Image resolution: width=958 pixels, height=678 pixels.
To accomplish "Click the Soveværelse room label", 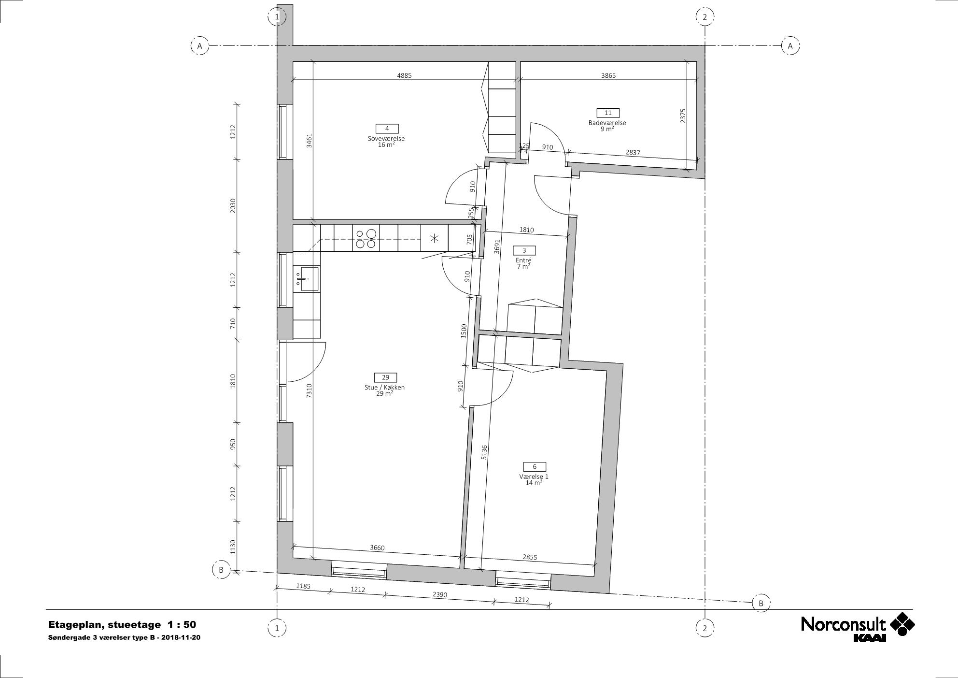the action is [386, 139].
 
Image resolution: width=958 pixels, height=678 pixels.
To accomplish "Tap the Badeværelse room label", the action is [607, 123].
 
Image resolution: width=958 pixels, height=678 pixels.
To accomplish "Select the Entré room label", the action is [523, 260].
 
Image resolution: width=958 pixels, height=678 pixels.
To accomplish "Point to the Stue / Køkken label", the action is [385, 388].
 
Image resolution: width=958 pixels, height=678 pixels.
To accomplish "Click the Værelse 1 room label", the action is [534, 476].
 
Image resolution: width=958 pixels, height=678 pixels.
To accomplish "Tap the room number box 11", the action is [608, 113].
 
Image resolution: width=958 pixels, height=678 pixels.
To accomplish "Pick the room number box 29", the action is [385, 377].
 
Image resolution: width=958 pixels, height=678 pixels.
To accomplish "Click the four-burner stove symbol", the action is [366, 239].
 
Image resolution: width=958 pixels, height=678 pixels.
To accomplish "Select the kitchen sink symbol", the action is [306, 279].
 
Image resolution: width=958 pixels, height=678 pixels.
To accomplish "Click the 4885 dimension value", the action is [404, 75].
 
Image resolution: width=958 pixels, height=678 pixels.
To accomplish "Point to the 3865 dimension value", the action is [608, 75].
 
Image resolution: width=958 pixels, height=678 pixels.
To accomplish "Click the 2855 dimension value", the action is [530, 557].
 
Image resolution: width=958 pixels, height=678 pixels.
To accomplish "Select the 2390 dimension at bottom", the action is [439, 595].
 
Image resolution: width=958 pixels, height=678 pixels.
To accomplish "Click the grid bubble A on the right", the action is [790, 46].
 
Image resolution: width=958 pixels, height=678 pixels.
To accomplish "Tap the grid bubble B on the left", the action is [221, 570].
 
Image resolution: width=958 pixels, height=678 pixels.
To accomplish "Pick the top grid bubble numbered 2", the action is [705, 17].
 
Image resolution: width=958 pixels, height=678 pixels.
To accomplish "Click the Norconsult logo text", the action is [843, 624].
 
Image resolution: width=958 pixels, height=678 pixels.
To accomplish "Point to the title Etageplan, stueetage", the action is [104, 625].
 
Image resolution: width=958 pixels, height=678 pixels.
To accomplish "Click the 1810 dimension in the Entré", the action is [526, 230].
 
